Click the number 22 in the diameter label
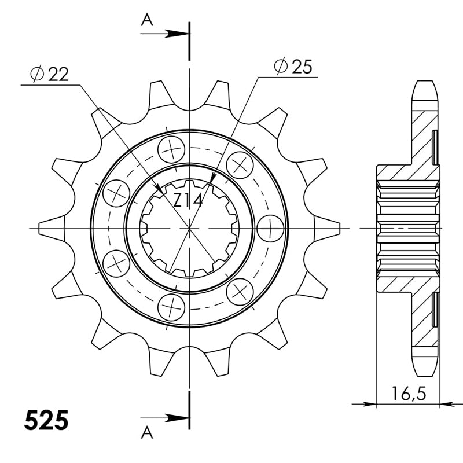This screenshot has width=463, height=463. click(x=59, y=74)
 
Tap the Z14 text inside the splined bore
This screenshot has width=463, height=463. click(x=188, y=201)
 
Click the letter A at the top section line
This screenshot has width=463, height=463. click(x=148, y=21)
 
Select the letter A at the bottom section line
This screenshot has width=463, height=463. click(x=148, y=431)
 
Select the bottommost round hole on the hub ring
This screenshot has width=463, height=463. click(x=172, y=305)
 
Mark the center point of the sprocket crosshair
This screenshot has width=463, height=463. click(x=189, y=228)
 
